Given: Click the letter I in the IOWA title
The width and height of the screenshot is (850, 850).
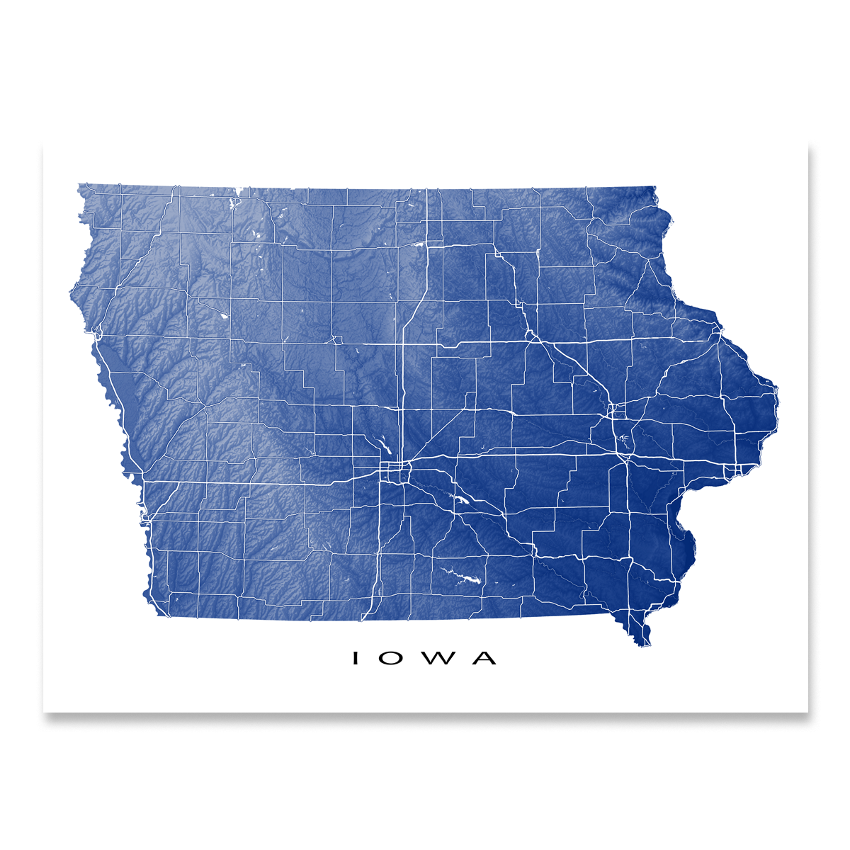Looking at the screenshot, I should click(356, 658).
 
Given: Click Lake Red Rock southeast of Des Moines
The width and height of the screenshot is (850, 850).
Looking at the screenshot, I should click(461, 500).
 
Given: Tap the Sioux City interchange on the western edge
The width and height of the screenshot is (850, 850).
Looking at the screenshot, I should click(99, 331).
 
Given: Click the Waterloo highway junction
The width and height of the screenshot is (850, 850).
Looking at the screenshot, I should click(530, 333).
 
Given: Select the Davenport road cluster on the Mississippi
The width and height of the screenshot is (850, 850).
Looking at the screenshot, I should click(737, 470).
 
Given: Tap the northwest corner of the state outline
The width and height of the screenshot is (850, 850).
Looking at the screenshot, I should click(79, 186).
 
